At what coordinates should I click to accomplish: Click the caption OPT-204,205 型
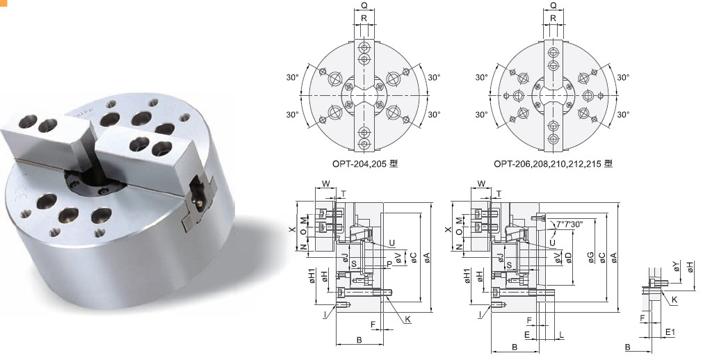365,163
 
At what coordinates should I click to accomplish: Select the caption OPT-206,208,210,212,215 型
553,163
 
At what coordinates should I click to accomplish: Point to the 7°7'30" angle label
569,224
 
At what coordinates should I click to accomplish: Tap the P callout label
389,265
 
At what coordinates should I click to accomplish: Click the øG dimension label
591,257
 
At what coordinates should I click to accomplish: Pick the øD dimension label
569,257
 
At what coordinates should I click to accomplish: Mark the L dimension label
562,334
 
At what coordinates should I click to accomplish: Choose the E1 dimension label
670,332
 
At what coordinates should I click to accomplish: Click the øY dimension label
677,267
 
